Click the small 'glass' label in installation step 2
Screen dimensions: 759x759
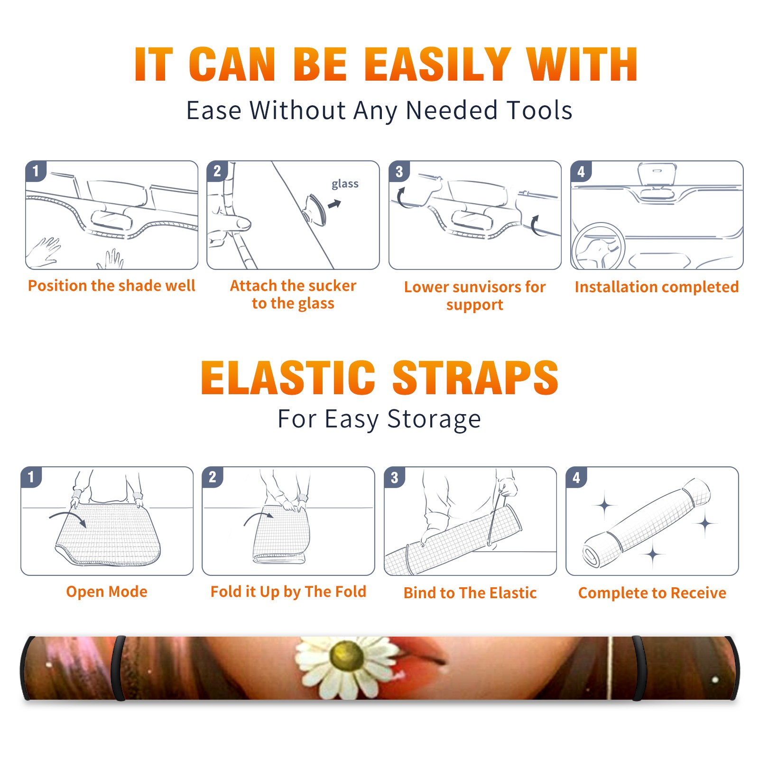click(x=345, y=184)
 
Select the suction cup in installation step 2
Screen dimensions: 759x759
click(x=315, y=209)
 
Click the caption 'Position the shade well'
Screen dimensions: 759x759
click(x=111, y=286)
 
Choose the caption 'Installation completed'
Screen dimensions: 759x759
click(x=657, y=287)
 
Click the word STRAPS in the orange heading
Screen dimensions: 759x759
click(x=475, y=378)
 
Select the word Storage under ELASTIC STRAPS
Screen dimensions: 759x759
click(x=434, y=419)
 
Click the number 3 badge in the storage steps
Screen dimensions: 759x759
click(x=394, y=478)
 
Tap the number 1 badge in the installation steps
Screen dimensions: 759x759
click(x=36, y=171)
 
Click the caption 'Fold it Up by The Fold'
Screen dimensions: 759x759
click(x=288, y=592)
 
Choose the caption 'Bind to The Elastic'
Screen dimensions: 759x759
click(x=470, y=592)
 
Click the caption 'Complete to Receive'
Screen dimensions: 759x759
click(x=652, y=593)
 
